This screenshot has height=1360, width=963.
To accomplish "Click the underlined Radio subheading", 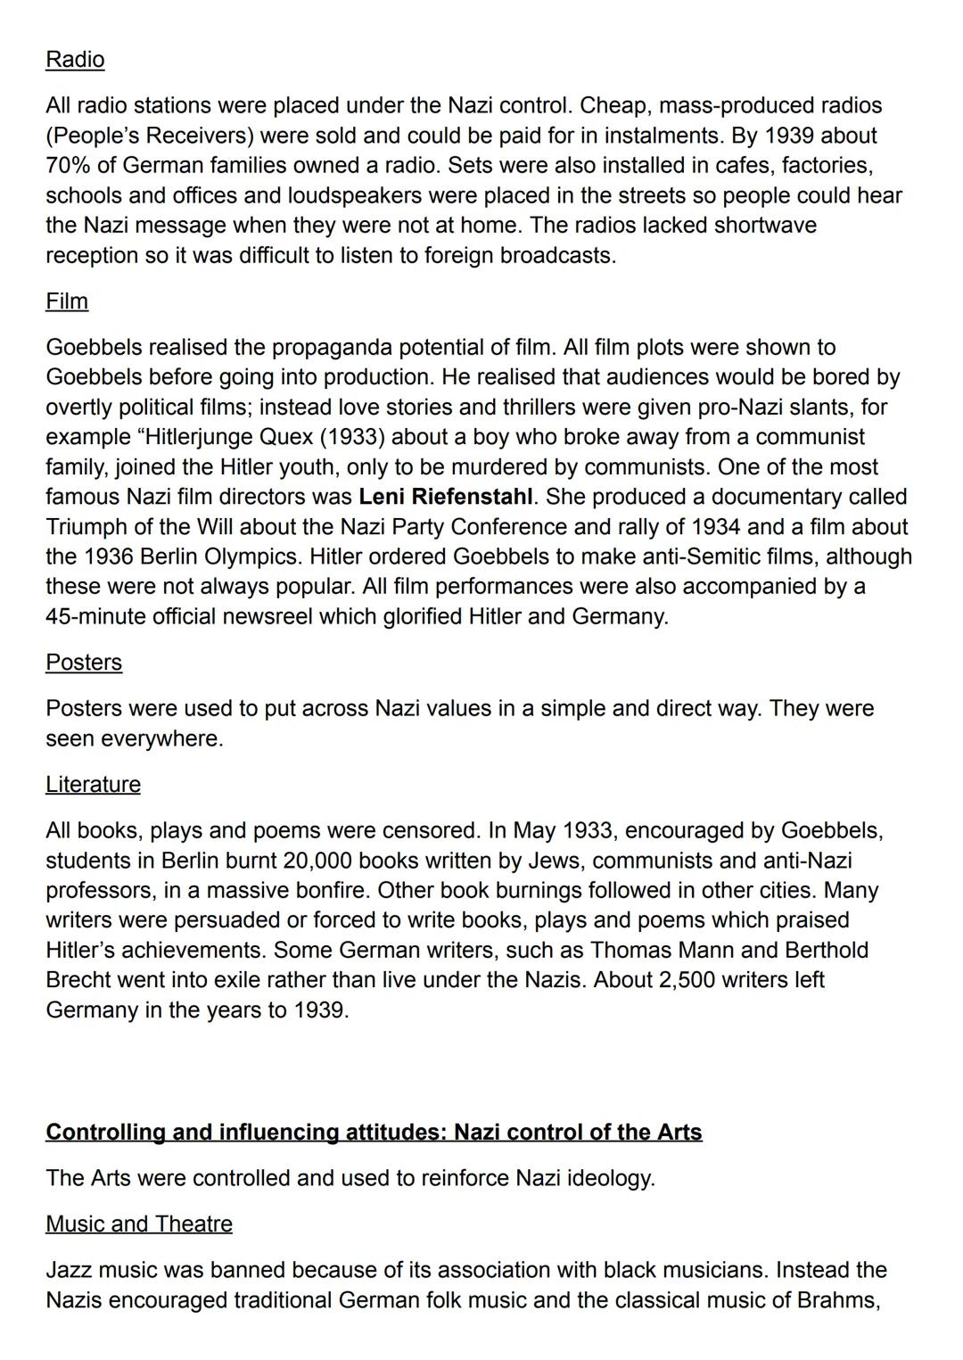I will coord(75,60).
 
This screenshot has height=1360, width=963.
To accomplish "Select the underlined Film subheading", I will coord(67,301).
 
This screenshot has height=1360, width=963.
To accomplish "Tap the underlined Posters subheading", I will coord(84,663).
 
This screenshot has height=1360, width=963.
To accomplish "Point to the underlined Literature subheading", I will coord(93,785).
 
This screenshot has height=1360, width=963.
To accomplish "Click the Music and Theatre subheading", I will coord(138,1224).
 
